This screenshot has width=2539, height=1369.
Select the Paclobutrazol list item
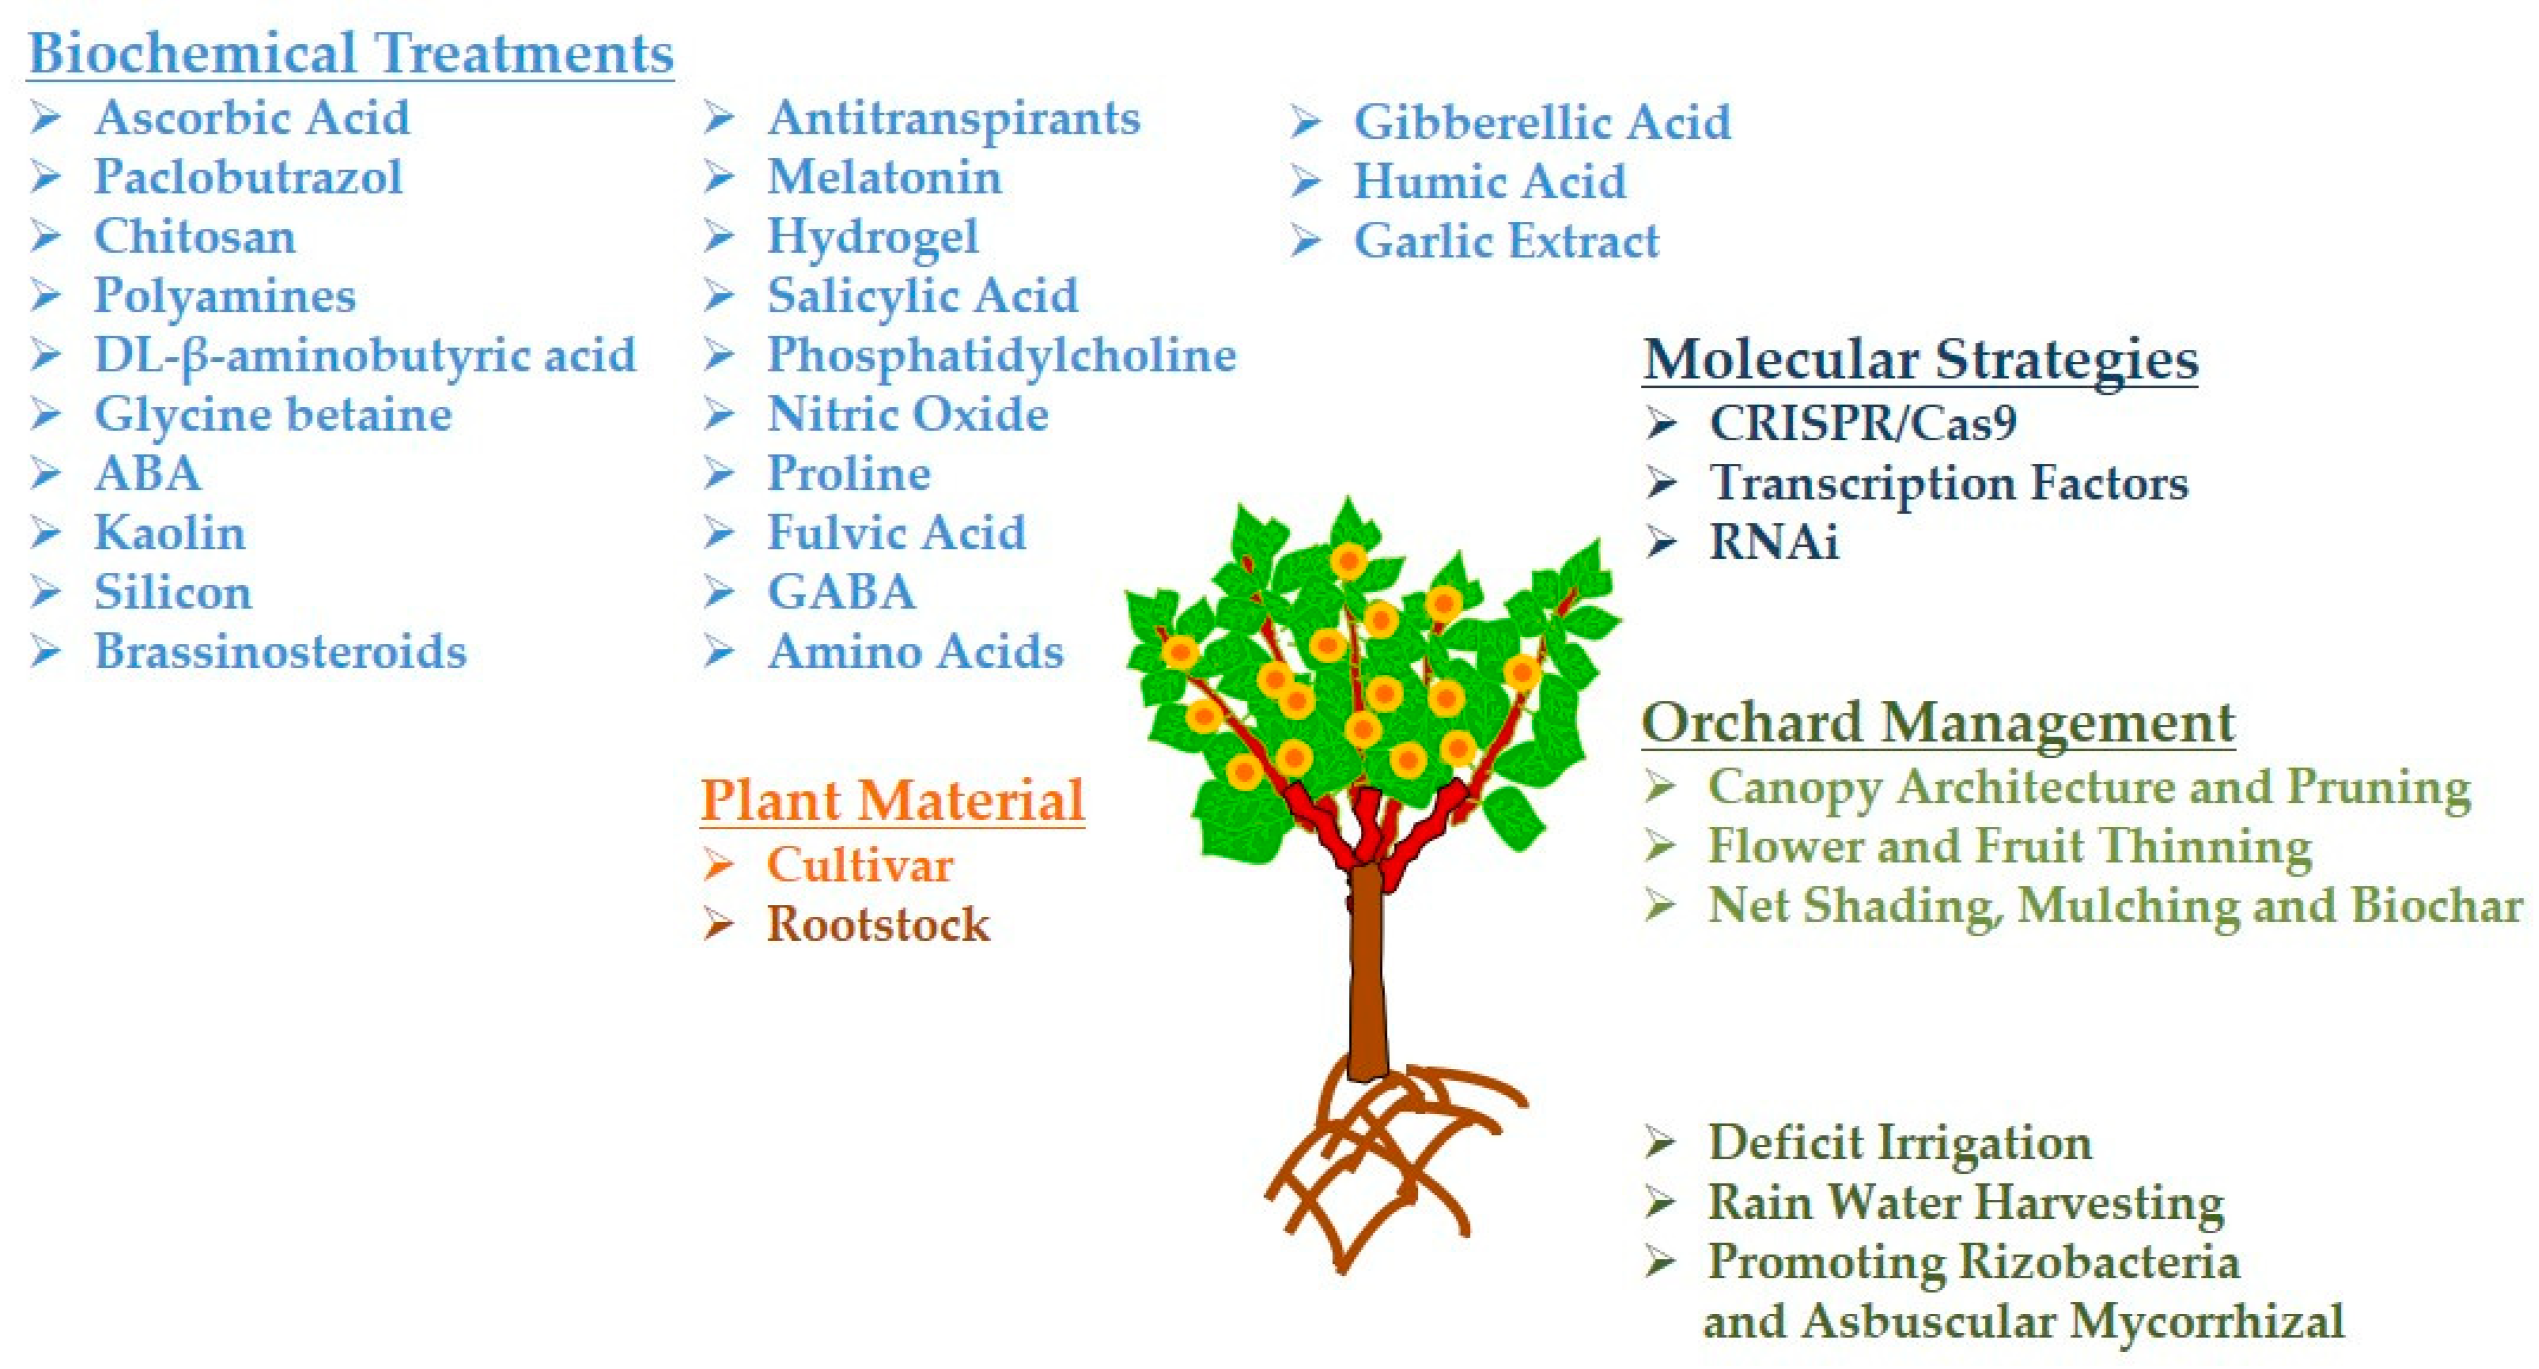249,177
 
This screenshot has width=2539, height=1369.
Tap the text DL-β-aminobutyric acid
365,355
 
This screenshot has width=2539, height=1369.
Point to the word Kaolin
170,533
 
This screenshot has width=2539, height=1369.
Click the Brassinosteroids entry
280,651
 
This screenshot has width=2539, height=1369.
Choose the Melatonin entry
884,177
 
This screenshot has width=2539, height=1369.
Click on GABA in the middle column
841,593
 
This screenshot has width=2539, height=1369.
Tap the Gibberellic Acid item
1542,122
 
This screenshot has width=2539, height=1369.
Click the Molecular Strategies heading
1920,359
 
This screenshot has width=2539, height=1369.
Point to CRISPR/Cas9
1863,424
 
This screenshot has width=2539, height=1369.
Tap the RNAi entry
1774,542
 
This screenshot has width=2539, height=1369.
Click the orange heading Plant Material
892,800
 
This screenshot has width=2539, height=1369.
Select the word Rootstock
878,925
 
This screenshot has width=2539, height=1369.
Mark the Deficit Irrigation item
1900,1143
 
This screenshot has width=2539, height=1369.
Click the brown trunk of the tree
1366,976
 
